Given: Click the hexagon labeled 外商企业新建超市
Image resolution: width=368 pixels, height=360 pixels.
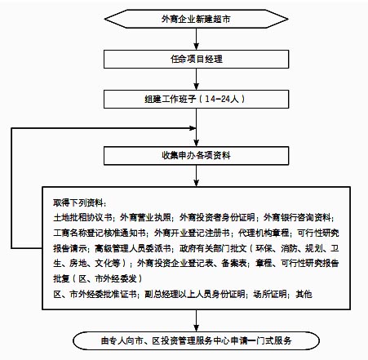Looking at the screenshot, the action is click(196, 19).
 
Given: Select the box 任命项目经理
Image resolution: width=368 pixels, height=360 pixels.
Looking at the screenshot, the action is click(196, 59).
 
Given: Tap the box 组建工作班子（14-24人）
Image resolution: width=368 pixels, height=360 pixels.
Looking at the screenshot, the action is click(196, 99).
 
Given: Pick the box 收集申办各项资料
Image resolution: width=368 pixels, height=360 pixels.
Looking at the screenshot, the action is click(196, 156).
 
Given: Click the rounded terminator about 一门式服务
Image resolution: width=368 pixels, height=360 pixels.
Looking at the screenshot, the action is click(196, 340).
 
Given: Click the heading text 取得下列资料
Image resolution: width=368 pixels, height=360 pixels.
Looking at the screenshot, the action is click(78, 202).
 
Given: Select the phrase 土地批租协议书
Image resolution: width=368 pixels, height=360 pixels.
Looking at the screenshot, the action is click(82, 217).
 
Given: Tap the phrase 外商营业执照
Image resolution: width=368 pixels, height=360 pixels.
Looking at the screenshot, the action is click(145, 217).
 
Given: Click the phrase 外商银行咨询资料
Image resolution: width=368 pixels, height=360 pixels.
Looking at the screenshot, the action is click(297, 217).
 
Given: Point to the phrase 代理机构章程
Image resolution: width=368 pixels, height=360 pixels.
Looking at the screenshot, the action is click(264, 233).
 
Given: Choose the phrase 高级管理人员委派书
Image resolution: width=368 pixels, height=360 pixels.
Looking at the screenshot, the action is click(133, 248).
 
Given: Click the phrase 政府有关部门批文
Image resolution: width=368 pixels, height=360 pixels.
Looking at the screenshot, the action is click(213, 248).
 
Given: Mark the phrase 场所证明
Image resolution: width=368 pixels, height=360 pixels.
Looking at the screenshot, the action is click(270, 294).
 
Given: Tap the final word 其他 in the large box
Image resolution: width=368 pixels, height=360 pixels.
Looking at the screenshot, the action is click(304, 294).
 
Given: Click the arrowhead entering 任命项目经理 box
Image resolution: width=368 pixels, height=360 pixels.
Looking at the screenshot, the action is click(196, 47).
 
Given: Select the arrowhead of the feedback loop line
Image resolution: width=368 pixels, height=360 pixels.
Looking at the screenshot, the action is click(193, 128).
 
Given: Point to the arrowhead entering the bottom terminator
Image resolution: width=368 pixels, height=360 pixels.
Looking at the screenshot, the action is click(196, 328).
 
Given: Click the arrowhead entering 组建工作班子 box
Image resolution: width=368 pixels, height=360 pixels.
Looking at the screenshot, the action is click(196, 87).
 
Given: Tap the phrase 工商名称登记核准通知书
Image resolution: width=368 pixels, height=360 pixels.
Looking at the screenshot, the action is click(100, 233).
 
